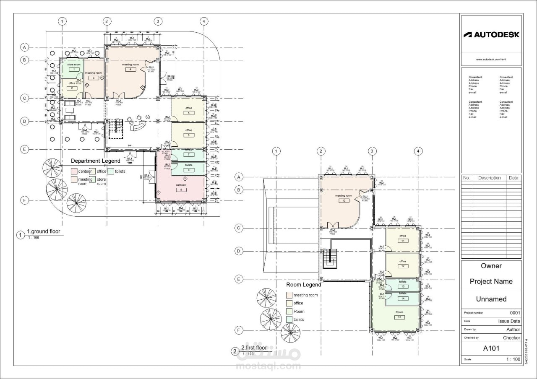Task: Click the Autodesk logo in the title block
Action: [x=491, y=35]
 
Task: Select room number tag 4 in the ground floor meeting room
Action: [x=130, y=70]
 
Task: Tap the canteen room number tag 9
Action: [x=181, y=189]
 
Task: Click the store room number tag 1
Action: [x=72, y=69]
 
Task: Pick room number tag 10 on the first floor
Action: [x=344, y=201]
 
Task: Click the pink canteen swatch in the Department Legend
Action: [x=74, y=171]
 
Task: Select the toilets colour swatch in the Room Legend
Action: [x=289, y=319]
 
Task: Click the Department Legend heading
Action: [x=95, y=161]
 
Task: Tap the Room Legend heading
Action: [x=303, y=285]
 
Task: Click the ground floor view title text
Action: [x=44, y=231]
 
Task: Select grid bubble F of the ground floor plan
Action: [x=25, y=200]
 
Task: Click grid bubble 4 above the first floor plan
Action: [x=418, y=151]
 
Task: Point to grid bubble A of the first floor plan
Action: [x=239, y=177]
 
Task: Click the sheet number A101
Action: [x=491, y=348]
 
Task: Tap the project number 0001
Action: [x=515, y=313]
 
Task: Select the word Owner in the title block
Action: [x=491, y=266]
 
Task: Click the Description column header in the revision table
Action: [x=489, y=178]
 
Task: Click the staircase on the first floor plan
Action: [x=331, y=258]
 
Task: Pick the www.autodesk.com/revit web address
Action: [x=491, y=60]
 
